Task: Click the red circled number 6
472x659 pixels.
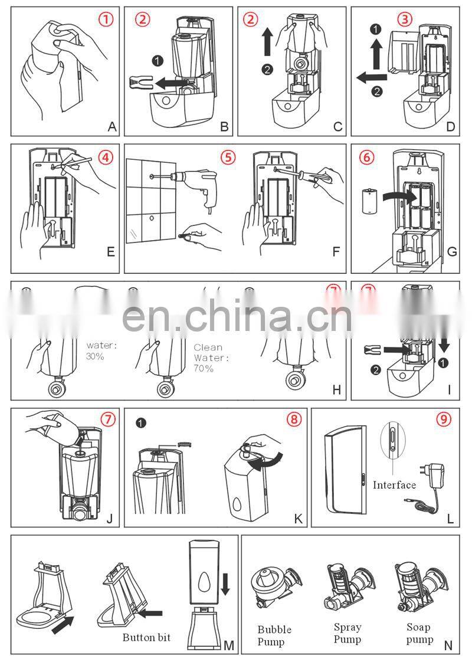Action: point(366,158)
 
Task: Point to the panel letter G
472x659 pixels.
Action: point(452,251)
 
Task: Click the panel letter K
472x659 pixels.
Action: point(298,518)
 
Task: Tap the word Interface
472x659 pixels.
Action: point(394,485)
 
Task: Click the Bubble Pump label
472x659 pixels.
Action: point(274,635)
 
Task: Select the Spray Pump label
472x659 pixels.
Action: point(347,633)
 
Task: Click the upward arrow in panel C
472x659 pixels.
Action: point(266,44)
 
